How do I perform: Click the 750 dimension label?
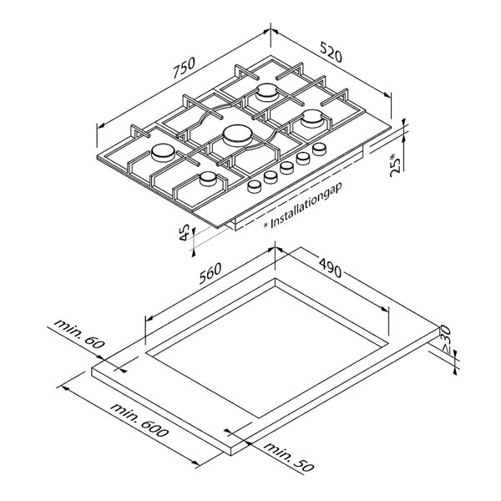point(184,68)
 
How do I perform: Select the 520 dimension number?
point(331,53)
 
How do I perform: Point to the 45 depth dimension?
point(185,233)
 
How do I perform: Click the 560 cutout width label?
point(210,273)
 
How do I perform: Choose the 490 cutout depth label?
point(330,267)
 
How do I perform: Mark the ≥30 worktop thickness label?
point(444,340)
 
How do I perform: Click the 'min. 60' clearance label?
point(79,333)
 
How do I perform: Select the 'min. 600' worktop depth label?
point(139,420)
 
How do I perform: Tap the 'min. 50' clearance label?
point(289,457)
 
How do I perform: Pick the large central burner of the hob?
point(237,135)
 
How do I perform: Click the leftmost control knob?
point(255,186)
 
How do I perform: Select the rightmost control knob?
point(320,149)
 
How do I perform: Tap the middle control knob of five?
point(286,168)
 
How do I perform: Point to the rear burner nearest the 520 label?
point(266,92)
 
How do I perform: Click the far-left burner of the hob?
point(164,153)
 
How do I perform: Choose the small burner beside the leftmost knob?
point(208,179)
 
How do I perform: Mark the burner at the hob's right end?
point(311,119)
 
